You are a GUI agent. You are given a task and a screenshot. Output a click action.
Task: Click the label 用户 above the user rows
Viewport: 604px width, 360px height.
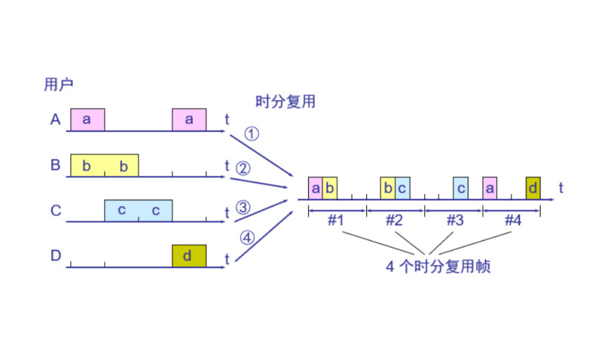[58, 85]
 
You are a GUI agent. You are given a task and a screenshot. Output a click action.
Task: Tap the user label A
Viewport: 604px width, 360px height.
[55, 119]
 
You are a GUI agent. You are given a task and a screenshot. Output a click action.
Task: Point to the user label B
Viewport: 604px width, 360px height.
[55, 165]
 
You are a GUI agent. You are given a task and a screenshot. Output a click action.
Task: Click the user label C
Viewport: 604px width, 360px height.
[55, 211]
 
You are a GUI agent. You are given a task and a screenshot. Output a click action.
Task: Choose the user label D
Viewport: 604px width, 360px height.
[55, 256]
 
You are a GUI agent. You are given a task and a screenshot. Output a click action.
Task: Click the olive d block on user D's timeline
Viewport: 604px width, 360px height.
[189, 256]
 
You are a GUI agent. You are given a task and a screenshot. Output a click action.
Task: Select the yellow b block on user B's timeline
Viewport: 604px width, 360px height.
[104, 165]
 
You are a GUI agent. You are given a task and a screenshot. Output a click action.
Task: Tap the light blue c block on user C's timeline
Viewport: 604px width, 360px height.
[138, 211]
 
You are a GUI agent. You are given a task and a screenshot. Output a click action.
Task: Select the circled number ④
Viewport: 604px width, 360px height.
[247, 238]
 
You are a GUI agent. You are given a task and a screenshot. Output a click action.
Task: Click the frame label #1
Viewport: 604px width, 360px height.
[336, 221]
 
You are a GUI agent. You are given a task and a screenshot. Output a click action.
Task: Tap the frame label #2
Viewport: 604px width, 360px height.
[394, 221]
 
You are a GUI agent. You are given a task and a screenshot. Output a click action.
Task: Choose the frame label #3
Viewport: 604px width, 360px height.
[453, 221]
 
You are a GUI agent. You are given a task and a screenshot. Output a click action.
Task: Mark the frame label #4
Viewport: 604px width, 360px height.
[512, 221]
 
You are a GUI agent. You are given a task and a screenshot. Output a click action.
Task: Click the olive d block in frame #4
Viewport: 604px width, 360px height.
[533, 187]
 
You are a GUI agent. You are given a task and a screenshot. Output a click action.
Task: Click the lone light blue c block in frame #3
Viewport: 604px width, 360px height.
[461, 187]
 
